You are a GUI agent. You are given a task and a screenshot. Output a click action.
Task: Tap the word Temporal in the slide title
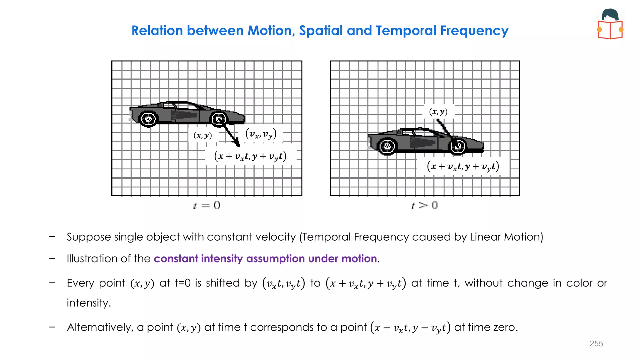406,31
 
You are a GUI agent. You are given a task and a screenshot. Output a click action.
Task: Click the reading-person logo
610,24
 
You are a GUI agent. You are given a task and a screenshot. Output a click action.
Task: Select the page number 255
596,343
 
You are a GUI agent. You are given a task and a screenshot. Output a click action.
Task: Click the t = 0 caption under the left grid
207,205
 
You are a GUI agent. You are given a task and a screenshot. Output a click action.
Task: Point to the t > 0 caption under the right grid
425,205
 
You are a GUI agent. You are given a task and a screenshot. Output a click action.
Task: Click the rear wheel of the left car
148,119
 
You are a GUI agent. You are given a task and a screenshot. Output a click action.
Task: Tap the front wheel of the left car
219,119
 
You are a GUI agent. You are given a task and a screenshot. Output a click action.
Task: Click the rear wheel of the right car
387,146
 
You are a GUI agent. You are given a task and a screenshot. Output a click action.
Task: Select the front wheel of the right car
457,146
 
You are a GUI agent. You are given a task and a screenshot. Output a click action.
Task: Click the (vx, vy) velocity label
261,134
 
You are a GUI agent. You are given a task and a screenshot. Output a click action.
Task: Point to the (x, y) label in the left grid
203,135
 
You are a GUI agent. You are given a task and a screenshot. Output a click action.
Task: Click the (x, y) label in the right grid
438,112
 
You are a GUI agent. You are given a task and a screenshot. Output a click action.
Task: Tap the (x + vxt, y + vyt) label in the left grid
250,156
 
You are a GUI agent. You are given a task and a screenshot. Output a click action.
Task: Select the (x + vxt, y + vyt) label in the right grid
463,166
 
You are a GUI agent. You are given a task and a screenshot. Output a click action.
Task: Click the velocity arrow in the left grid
231,134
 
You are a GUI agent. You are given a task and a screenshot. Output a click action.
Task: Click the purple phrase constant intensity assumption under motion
265,259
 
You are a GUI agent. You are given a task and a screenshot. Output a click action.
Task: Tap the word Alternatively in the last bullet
100,327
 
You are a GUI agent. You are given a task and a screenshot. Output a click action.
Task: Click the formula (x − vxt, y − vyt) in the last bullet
410,327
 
